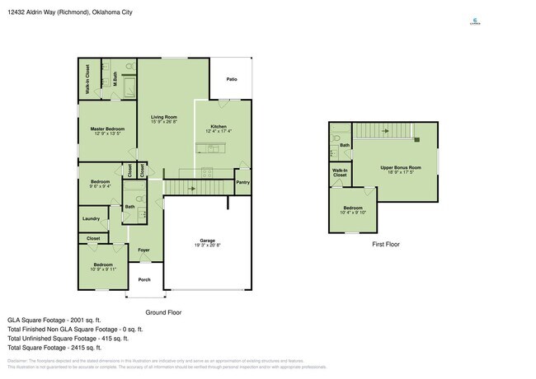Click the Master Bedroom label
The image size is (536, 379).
[x=107, y=129]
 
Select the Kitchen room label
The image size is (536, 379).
[x=219, y=126]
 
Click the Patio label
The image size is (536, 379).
[x=232, y=79]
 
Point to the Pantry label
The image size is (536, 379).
[x=242, y=182]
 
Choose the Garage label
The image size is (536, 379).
[x=208, y=241]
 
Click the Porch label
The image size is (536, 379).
[x=144, y=279]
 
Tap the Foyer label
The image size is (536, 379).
[x=144, y=250]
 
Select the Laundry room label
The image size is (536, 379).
[x=91, y=218]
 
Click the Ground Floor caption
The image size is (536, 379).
[x=163, y=312]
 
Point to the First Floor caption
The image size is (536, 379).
[x=386, y=244]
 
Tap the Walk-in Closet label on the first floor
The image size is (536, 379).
[x=340, y=173]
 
